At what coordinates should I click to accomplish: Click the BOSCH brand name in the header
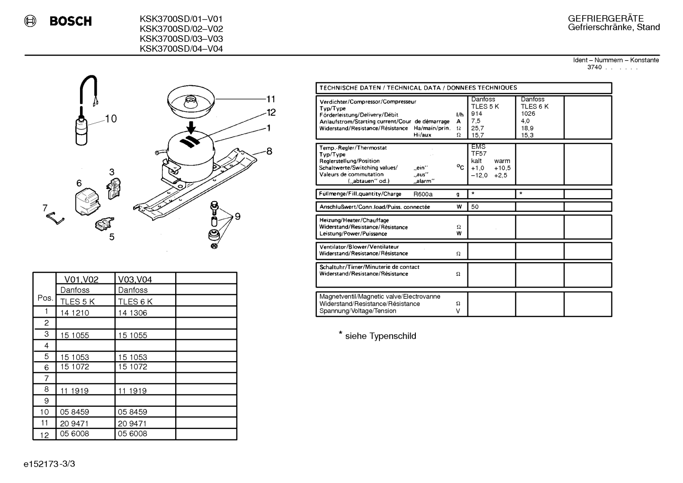coord(71,21)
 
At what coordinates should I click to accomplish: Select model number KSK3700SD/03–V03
coord(181,39)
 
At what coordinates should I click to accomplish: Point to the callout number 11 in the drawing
coord(271,99)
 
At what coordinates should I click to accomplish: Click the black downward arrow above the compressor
coord(191,128)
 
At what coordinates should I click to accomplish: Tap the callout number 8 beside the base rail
coord(269,151)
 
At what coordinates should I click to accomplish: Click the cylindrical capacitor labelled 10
coord(81,131)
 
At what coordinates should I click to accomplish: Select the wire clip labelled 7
coord(55,218)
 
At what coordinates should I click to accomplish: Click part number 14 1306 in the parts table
coord(132,313)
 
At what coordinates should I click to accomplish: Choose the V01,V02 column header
coord(81,279)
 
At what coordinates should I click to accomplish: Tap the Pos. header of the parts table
coord(45,298)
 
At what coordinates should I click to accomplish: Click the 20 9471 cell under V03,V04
coord(132,423)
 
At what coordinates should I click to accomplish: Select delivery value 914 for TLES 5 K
coord(476,113)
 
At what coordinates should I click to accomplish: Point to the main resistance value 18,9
coord(527,128)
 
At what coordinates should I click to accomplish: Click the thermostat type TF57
coord(479,154)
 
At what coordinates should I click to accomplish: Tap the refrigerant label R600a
coord(423,194)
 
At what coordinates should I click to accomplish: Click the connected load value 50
coord(475,207)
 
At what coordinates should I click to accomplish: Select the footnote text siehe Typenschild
coord(380,336)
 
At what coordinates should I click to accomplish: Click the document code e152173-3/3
coord(49,464)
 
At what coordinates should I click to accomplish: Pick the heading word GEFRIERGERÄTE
coord(605,18)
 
